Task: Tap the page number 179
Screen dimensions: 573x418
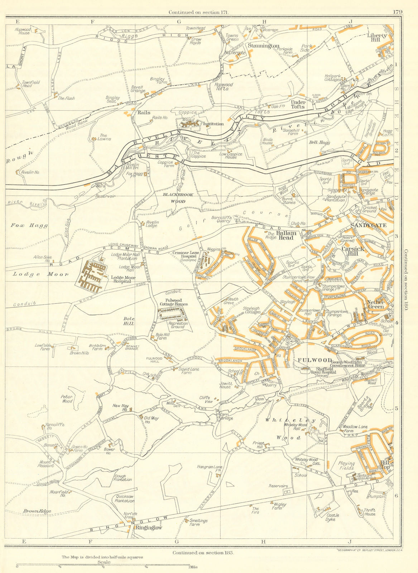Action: click(397, 12)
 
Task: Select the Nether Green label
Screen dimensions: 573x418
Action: click(376, 304)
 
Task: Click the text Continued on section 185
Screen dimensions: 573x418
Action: click(203, 553)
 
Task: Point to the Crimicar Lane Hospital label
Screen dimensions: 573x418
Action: click(184, 254)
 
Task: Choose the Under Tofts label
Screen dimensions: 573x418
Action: click(297, 104)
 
